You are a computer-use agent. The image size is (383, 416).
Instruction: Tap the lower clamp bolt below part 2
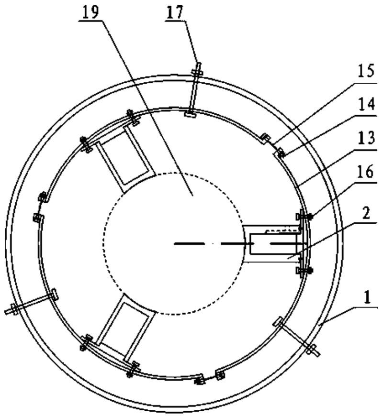(304, 271)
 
